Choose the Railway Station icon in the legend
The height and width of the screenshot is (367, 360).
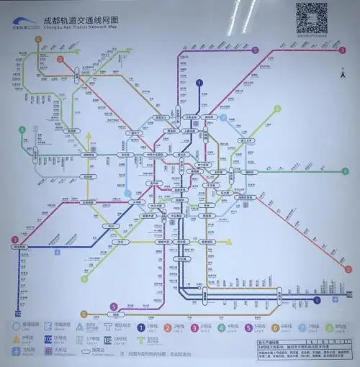pos(48,350)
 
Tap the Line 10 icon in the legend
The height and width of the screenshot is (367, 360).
pos(48,337)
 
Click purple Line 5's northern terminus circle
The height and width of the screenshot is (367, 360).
pos(256,50)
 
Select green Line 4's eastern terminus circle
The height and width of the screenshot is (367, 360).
pos(345,171)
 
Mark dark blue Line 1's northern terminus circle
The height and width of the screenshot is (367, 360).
pos(199,83)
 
